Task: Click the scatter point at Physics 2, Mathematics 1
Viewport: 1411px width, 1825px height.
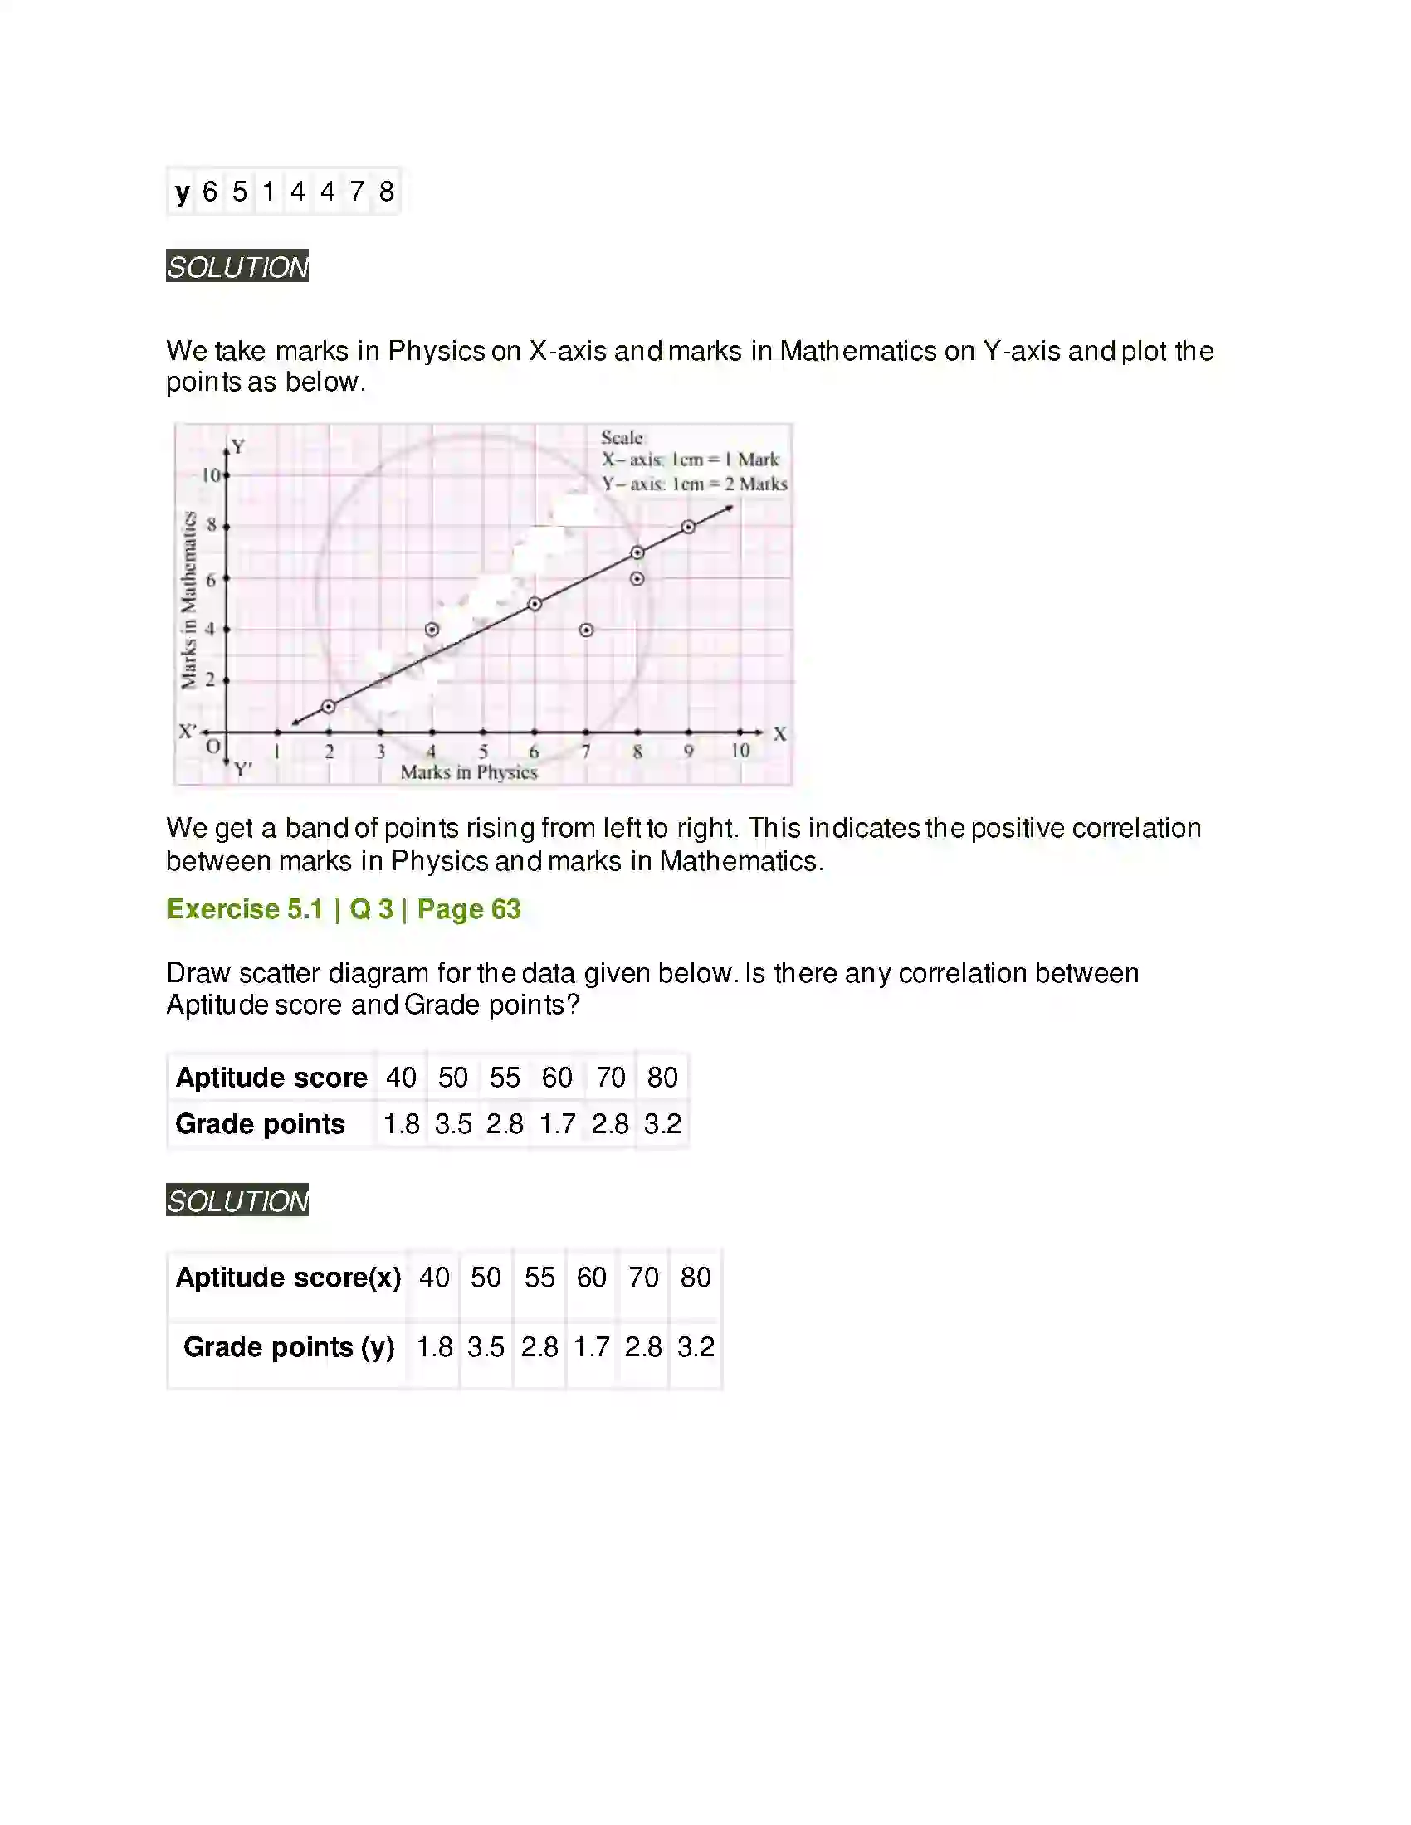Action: [x=329, y=707]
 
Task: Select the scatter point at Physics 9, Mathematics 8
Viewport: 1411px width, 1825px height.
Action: [x=688, y=528]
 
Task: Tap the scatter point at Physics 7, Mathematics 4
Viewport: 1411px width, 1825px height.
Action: [x=586, y=630]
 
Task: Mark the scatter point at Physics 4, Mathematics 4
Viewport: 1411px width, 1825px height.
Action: [x=432, y=630]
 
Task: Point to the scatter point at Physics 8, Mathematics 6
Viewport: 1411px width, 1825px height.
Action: [x=637, y=578]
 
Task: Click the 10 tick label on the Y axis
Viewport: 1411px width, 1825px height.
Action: [x=211, y=475]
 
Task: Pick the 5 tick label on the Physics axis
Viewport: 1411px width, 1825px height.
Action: [x=483, y=752]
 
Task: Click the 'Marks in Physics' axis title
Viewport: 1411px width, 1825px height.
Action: [x=468, y=773]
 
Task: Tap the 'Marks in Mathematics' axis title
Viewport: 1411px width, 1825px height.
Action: [x=189, y=600]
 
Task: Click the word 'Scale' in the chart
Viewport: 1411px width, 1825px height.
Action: [x=622, y=438]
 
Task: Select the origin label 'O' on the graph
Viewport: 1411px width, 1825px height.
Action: [x=213, y=747]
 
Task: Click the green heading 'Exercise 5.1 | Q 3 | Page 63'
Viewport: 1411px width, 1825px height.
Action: [x=344, y=909]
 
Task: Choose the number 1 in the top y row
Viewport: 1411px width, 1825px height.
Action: [x=268, y=192]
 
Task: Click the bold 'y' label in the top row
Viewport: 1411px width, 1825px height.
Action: [x=183, y=192]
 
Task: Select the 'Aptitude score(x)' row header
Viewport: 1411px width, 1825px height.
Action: [x=287, y=1277]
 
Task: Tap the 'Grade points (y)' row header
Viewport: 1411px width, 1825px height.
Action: [x=287, y=1347]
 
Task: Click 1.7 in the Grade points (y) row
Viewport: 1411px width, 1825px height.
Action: [x=591, y=1347]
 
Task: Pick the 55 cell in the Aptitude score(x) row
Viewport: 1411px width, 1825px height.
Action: [x=539, y=1277]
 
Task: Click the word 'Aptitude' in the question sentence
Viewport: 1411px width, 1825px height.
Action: [x=213, y=1005]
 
